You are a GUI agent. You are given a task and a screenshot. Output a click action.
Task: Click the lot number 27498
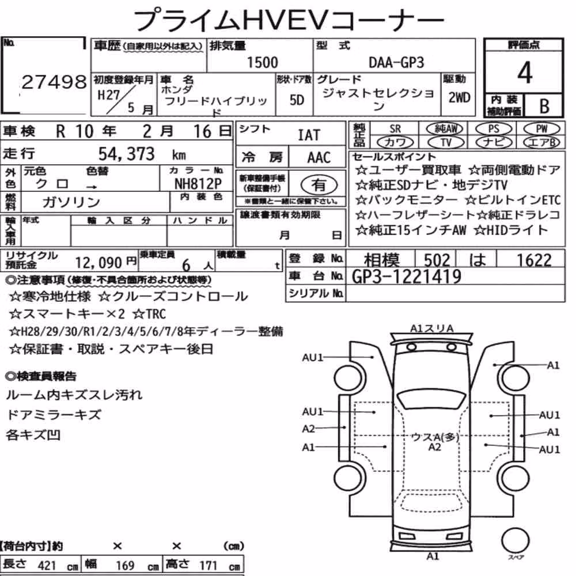pyautogui.click(x=54, y=82)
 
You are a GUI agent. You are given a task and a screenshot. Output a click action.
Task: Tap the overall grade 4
pyautogui.click(x=525, y=73)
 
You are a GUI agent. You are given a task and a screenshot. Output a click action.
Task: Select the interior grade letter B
pyautogui.click(x=544, y=106)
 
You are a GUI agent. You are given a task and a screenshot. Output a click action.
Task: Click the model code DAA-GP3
pyautogui.click(x=396, y=63)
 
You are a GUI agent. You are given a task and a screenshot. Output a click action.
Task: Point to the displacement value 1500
pyautogui.click(x=262, y=62)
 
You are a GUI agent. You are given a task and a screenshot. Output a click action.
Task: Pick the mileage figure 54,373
pyautogui.click(x=126, y=154)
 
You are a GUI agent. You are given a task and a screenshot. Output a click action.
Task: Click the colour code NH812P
pyautogui.click(x=198, y=183)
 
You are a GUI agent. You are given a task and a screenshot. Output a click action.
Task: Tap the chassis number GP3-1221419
pyautogui.click(x=406, y=276)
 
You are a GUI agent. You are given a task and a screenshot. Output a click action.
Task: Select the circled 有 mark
pyautogui.click(x=319, y=185)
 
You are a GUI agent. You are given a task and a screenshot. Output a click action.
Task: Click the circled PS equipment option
pyautogui.click(x=494, y=129)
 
